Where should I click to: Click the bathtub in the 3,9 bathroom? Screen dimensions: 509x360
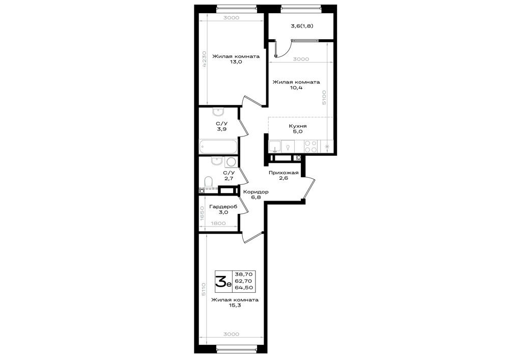click(x=218, y=147)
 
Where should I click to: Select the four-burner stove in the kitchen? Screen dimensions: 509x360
click(x=311, y=146)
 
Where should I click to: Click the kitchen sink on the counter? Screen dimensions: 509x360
click(x=275, y=146)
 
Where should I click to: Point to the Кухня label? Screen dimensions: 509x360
click(x=298, y=126)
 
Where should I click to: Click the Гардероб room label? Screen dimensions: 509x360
click(x=223, y=207)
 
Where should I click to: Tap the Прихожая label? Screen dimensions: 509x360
click(x=284, y=173)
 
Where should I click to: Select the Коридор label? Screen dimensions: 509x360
click(x=256, y=192)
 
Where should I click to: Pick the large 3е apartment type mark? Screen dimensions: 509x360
click(x=223, y=281)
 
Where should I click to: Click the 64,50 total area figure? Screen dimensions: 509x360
click(x=246, y=288)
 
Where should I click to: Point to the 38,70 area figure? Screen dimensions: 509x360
click(x=246, y=274)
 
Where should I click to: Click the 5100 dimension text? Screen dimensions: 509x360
click(x=324, y=97)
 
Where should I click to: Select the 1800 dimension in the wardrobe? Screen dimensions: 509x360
click(x=218, y=224)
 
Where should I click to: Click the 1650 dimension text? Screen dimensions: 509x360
click(x=202, y=213)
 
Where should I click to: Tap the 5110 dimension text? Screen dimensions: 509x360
click(x=204, y=290)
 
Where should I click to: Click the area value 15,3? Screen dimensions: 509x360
click(x=235, y=306)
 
